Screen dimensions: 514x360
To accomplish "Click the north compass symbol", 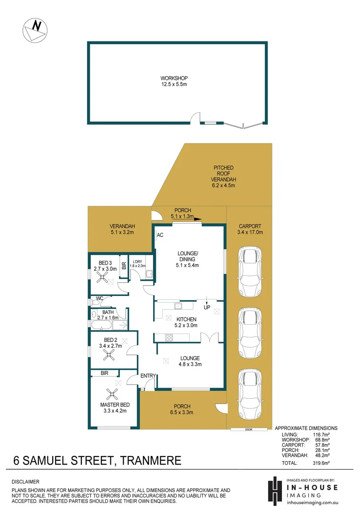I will [x=35, y=30].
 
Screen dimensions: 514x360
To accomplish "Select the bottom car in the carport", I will [x=250, y=390].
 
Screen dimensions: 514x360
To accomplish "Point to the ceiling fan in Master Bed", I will [x=113, y=393].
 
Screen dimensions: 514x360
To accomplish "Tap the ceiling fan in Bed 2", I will [x=110, y=355].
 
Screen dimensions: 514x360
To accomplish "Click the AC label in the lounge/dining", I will [x=160, y=235].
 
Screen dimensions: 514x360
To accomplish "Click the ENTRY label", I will [x=148, y=376].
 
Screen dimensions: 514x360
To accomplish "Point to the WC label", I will [x=99, y=298].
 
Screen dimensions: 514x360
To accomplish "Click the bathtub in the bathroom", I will [x=101, y=326].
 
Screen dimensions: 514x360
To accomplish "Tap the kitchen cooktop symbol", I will [x=169, y=338].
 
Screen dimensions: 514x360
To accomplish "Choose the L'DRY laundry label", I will [x=138, y=261].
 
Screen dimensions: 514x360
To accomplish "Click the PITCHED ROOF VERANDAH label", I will [x=223, y=177].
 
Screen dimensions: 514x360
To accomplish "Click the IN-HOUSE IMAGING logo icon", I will [x=274, y=489].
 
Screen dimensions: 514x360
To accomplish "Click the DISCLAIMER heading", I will [x=26, y=482].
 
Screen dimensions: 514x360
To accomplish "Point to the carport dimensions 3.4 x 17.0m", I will [x=250, y=233].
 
